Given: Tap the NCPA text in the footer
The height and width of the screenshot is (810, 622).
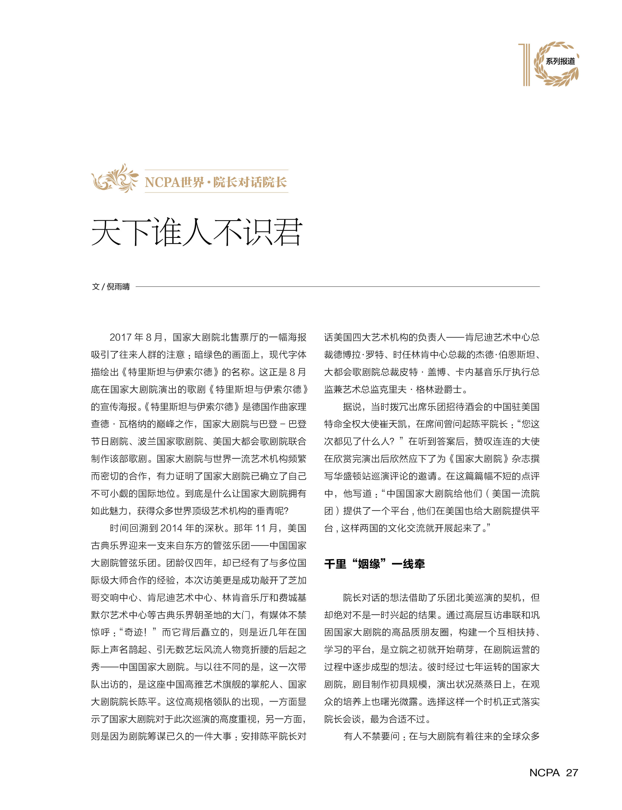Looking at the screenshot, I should click(x=544, y=772).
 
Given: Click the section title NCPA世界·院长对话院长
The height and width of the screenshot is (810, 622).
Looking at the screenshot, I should click(x=216, y=182).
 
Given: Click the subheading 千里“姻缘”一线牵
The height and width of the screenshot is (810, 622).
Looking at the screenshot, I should click(x=374, y=564).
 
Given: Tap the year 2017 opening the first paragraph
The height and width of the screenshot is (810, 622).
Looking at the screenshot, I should click(x=121, y=337).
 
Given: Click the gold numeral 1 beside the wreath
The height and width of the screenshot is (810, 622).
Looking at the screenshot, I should click(x=526, y=64).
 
